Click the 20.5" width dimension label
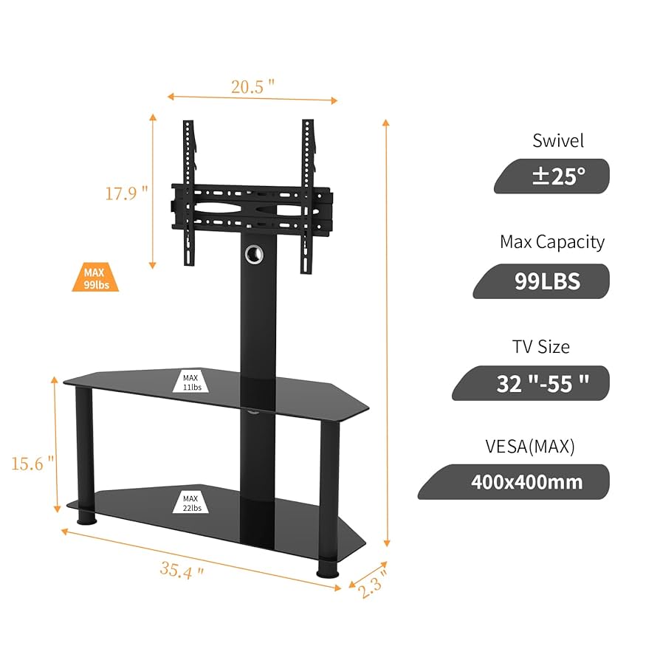252,86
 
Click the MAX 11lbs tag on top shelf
190,382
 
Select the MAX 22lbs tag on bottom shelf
190,503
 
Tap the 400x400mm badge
526,482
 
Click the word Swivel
558,140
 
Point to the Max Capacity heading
552,241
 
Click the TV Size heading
541,346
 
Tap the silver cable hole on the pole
254,253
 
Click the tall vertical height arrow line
386,332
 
